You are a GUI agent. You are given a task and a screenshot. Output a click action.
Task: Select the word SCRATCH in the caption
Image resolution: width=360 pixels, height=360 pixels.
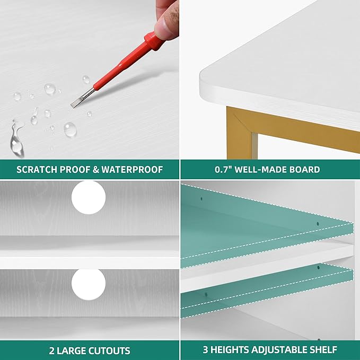37,170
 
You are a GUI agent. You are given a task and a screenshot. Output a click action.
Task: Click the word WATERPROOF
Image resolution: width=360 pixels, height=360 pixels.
132,170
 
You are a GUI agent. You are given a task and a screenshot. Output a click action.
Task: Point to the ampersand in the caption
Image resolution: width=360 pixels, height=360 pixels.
96,170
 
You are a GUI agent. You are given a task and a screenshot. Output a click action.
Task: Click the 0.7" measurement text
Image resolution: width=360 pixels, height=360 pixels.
223,170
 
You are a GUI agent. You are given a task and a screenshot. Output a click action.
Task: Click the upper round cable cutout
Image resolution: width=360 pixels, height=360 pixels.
89,197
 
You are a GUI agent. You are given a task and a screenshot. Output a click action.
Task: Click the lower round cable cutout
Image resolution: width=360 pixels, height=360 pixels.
89,284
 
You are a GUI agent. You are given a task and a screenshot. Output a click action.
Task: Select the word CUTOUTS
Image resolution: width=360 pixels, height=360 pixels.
109,350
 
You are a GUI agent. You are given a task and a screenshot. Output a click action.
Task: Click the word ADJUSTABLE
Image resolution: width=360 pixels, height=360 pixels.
279,350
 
